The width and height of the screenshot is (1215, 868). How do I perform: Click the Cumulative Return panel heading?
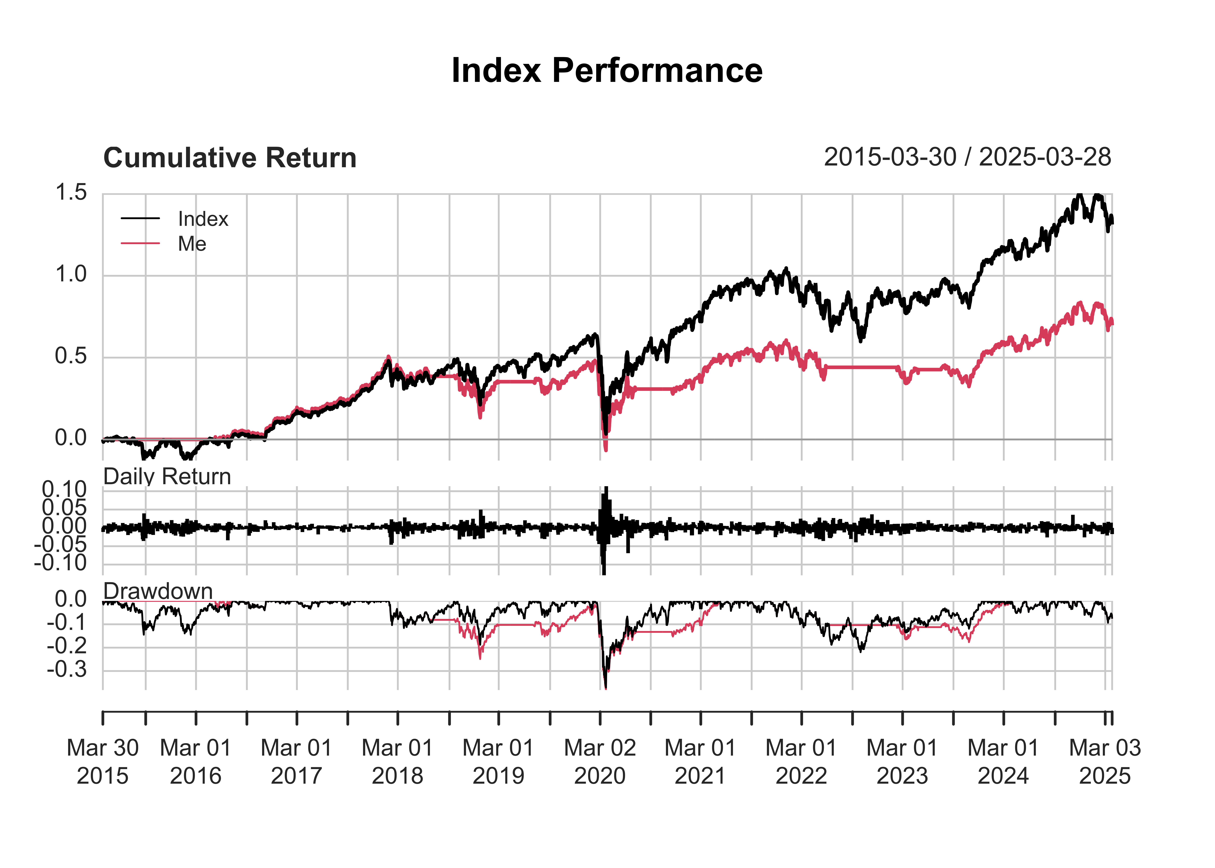coord(230,158)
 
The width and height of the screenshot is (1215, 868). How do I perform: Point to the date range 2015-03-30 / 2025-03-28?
coord(967,157)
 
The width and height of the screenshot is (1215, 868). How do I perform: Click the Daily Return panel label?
coord(167,476)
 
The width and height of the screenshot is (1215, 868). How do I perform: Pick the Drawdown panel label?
coord(158,591)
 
